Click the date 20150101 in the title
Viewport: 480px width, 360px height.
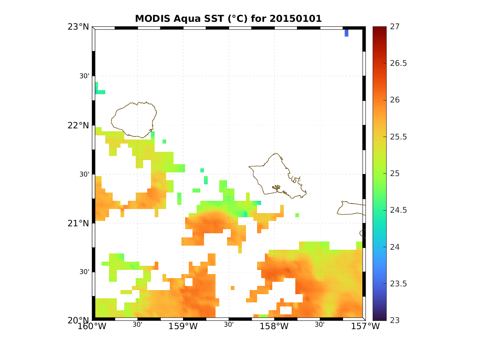coord(295,19)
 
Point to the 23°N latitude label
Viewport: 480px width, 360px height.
coord(78,27)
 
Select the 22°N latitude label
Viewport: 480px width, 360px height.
coord(78,125)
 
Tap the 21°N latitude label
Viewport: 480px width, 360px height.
coord(78,223)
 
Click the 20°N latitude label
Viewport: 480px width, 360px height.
coord(78,321)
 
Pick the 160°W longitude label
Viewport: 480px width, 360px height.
coord(95,327)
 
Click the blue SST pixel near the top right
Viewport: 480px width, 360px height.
coord(346,33)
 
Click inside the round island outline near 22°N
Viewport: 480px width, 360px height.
coord(134,119)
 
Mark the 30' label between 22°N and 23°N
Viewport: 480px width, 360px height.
coord(84,76)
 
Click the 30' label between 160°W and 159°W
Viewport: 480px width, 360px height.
coord(137,325)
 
